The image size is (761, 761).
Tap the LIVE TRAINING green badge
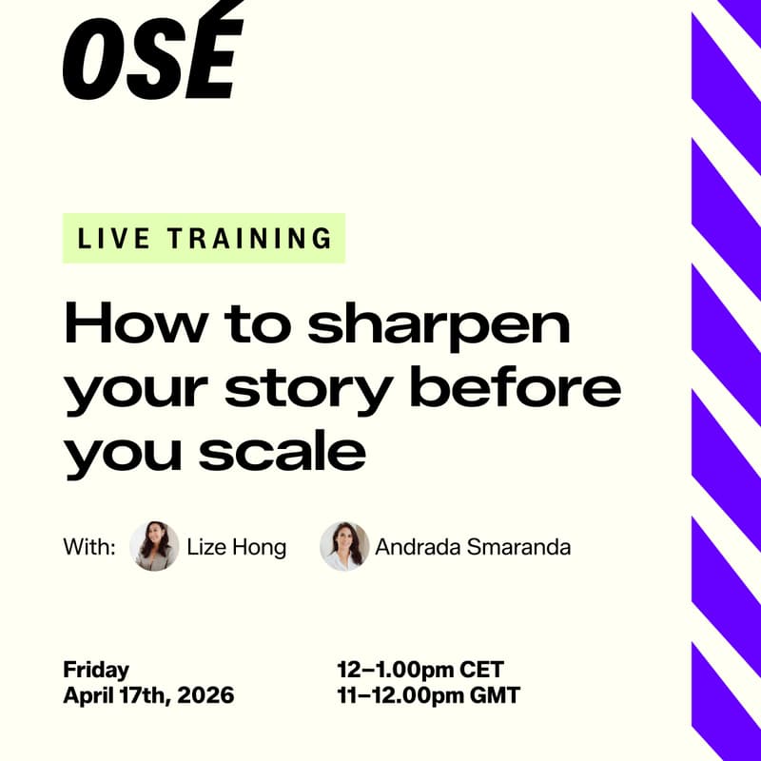point(205,238)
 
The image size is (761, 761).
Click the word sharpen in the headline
point(440,326)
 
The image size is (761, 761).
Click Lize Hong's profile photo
point(154,546)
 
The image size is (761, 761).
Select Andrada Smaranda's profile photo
point(344,546)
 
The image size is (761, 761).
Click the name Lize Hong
point(237,547)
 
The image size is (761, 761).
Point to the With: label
point(89,547)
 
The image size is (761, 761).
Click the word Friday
point(96,669)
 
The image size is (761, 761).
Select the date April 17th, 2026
point(148,695)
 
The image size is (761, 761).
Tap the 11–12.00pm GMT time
point(428,695)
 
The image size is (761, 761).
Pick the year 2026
point(205,695)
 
